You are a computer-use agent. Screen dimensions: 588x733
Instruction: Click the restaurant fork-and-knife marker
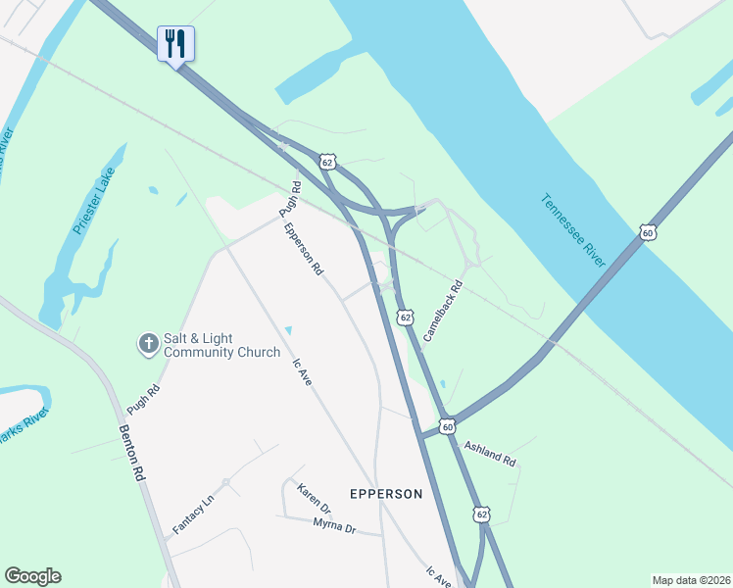(176, 44)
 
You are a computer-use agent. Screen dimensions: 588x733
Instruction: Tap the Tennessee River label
(574, 230)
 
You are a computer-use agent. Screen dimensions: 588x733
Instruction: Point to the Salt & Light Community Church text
(221, 344)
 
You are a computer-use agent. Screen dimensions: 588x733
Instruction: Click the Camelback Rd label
(442, 315)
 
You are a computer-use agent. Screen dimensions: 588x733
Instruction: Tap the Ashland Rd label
(489, 452)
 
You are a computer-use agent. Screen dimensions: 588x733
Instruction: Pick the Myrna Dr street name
(333, 526)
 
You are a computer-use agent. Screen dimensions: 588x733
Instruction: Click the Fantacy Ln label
(193, 515)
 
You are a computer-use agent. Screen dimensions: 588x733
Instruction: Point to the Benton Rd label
(131, 452)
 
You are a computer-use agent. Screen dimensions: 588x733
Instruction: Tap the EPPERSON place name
(386, 494)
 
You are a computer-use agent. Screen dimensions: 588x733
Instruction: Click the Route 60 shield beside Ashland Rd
(448, 426)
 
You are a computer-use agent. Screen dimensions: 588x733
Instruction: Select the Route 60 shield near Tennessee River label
(647, 232)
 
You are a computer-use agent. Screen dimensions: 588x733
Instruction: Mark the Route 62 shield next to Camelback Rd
(405, 317)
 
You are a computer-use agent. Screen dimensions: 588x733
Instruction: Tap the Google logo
(32, 576)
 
